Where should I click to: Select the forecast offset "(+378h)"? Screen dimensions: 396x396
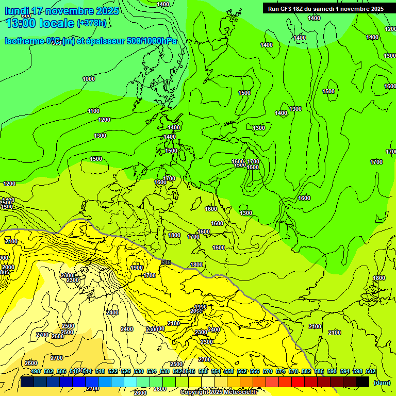pyautogui.click(x=91, y=23)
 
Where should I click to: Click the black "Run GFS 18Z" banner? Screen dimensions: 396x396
pyautogui.click(x=325, y=8)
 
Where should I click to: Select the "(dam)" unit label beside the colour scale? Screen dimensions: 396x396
pyautogui.click(x=382, y=383)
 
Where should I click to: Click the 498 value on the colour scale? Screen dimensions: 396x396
pyautogui.click(x=36, y=371)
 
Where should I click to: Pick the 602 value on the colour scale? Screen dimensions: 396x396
pyautogui.click(x=371, y=371)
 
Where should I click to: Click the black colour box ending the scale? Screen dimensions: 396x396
pyautogui.click(x=362, y=382)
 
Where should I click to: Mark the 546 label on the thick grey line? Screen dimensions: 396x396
pyautogui.click(x=166, y=262)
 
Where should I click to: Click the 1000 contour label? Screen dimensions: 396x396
pyautogui.click(x=89, y=79)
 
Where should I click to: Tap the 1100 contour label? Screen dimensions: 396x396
pyautogui.click(x=93, y=111)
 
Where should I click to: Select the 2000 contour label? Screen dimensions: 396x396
pyautogui.click(x=8, y=267)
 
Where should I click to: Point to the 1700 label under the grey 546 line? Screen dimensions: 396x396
pyautogui.click(x=150, y=276)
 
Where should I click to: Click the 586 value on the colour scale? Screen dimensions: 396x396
pyautogui.click(x=319, y=371)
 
